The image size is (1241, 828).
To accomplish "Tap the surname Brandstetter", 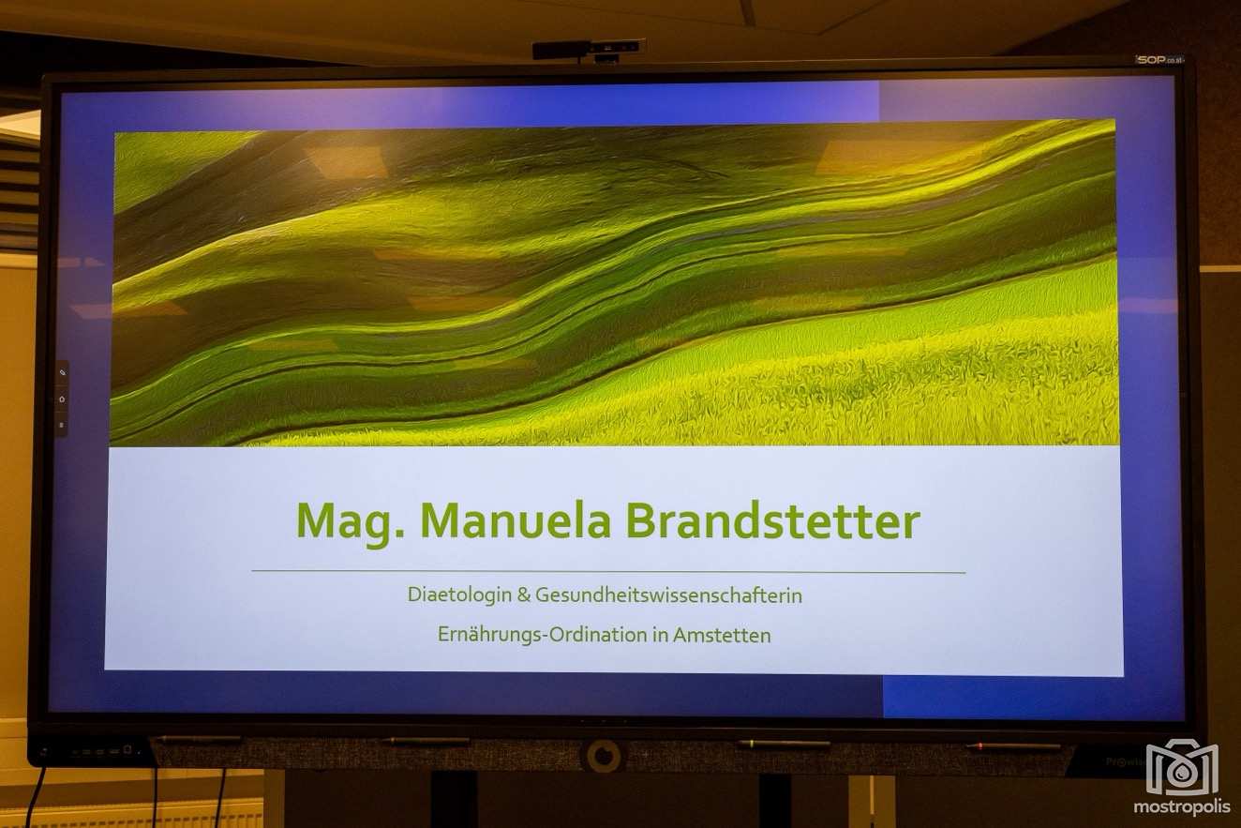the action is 773,521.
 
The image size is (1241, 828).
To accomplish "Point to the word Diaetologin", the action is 459,595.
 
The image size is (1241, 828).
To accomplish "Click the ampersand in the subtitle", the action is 524,595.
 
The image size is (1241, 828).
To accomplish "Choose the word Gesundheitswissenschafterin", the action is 668,595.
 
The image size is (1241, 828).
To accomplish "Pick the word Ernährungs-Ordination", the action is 543,635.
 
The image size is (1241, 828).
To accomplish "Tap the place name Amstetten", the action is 722,635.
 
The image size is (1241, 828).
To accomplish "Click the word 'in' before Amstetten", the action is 660,635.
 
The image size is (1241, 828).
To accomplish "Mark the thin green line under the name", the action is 608,571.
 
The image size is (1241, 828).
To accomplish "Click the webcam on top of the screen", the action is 589,50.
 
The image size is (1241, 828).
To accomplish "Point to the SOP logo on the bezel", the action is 1160,60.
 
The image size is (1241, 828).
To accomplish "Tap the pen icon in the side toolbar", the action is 62,373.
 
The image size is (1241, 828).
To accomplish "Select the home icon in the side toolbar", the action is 62,399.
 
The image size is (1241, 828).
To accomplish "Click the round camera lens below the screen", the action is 604,756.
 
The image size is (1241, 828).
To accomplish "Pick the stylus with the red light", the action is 1013,746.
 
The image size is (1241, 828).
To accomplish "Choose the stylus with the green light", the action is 783,744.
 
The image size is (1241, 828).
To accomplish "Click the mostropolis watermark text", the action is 1182,806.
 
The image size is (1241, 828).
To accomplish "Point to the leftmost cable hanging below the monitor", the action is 36,797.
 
